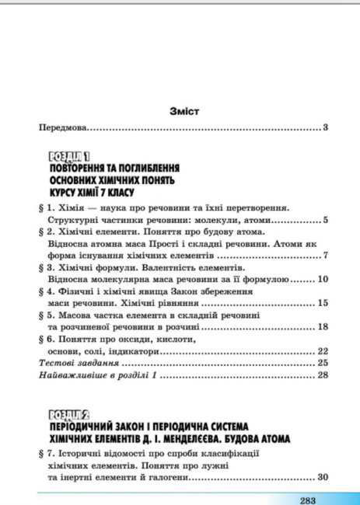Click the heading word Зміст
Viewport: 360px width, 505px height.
tap(184, 111)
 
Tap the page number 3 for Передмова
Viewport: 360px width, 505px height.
tap(327, 127)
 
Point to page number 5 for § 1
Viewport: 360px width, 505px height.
tap(327, 221)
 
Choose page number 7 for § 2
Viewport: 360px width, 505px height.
tap(327, 255)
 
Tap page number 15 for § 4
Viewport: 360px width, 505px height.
tap(323, 302)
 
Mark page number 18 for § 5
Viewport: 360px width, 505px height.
tap(323, 326)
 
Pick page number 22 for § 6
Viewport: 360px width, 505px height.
tap(323, 350)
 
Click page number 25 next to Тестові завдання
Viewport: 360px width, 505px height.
tap(323, 363)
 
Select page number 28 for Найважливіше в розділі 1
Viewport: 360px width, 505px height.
tap(323, 375)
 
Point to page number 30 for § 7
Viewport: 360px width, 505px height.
tap(323, 477)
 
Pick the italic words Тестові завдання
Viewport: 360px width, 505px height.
tap(78, 363)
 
